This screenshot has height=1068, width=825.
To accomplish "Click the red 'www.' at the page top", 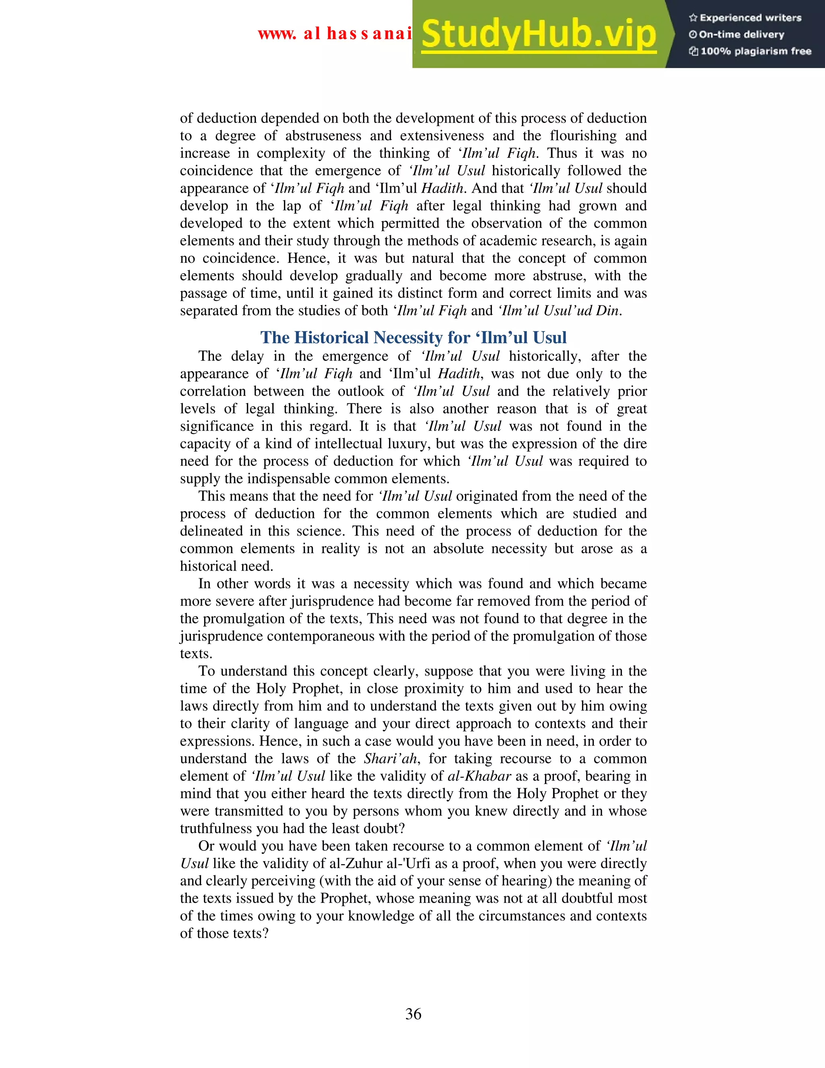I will tap(277, 34).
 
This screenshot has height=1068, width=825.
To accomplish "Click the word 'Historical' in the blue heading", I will tap(332, 338).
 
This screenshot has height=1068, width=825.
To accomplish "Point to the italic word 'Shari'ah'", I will tap(390, 758).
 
